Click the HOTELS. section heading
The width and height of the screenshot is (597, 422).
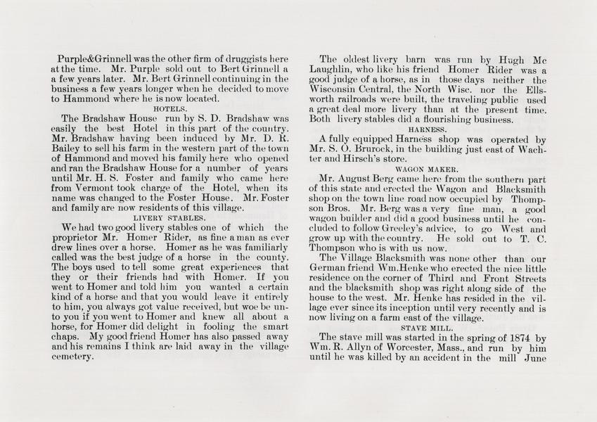(x=169, y=110)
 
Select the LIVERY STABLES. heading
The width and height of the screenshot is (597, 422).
(x=169, y=218)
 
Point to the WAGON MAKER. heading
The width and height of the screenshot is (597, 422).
(x=428, y=170)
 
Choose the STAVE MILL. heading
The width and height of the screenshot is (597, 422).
(x=427, y=328)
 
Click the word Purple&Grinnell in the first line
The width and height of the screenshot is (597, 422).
(x=92, y=60)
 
